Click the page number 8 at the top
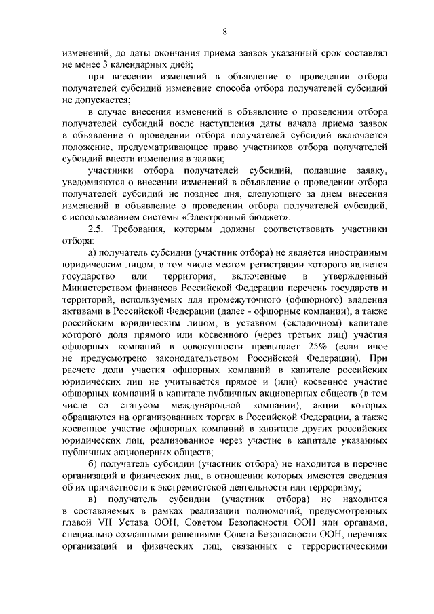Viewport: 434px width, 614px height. click(x=224, y=30)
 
